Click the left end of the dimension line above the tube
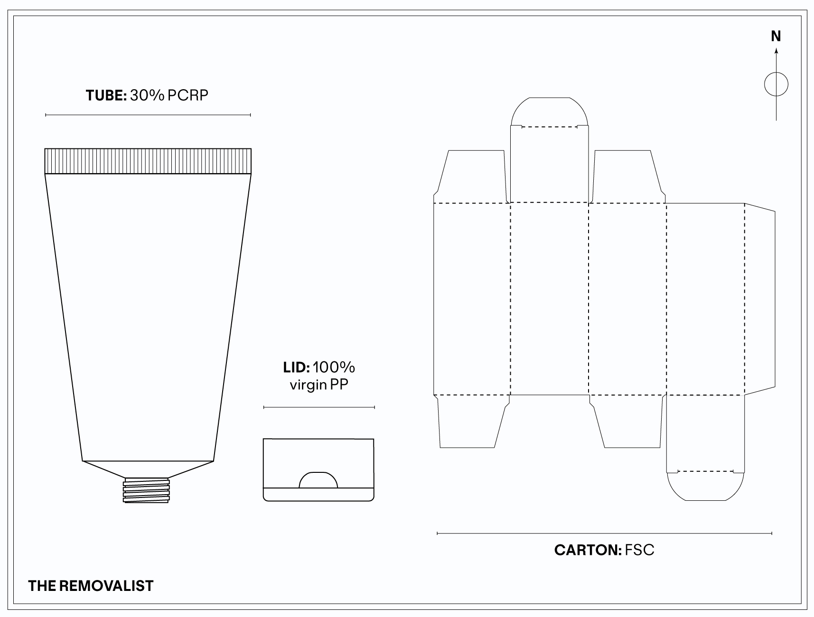click(46, 115)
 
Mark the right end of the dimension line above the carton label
click(772, 534)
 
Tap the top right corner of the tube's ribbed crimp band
click(251, 149)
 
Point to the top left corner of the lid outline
click(263, 439)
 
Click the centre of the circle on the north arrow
click(776, 85)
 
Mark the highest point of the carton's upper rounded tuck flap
click(549, 98)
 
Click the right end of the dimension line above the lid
click(374, 407)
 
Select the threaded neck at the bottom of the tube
click(146, 490)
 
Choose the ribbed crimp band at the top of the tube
click(148, 161)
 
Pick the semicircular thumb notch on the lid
click(318, 480)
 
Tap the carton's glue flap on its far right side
click(760, 299)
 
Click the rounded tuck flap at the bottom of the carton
click(705, 486)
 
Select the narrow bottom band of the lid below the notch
click(318, 494)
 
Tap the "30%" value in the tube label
click(147, 95)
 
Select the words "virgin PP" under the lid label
click(319, 385)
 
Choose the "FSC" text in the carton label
click(640, 550)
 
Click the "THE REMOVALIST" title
click(91, 586)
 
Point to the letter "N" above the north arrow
click(776, 36)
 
